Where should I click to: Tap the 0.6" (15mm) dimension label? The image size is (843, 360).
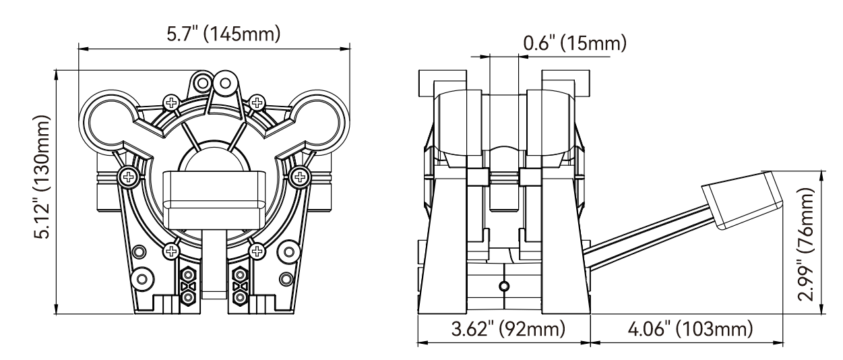(574, 44)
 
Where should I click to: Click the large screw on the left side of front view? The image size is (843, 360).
(127, 177)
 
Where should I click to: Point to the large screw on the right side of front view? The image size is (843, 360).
(297, 177)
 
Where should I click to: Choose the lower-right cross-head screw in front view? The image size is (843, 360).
(256, 251)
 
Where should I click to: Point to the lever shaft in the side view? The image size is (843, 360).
(647, 233)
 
